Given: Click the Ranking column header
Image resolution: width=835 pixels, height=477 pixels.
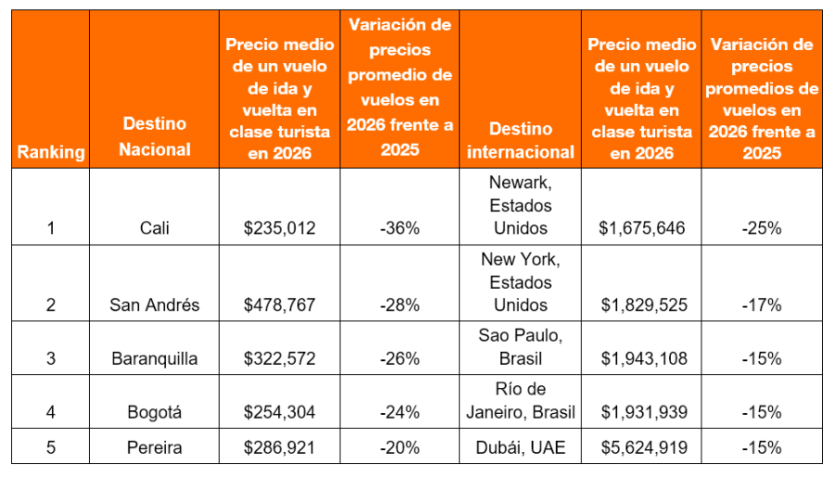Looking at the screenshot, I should (x=50, y=152).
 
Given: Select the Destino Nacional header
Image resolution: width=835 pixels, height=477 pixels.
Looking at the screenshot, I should (x=155, y=136).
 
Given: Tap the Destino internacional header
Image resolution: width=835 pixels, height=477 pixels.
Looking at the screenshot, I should (x=520, y=140).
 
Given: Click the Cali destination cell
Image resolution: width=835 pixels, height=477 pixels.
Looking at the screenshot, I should (x=155, y=227).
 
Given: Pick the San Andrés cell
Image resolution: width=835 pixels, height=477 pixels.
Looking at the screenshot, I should (x=155, y=304).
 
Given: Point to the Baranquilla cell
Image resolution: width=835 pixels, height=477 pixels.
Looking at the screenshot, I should (x=155, y=358).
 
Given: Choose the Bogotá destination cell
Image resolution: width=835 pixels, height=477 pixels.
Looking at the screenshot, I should (x=155, y=412).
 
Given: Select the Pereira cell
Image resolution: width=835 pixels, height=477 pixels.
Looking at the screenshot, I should (x=155, y=448).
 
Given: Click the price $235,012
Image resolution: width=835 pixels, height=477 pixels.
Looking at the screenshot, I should (x=279, y=227).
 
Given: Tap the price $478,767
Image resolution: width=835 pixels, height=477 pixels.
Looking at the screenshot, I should (x=279, y=304).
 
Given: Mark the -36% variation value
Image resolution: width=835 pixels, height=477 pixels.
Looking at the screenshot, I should (x=400, y=227).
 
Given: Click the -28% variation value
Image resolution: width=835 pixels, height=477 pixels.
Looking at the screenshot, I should (x=400, y=304).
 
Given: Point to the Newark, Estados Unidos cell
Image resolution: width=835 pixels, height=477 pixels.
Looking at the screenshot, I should (x=520, y=204).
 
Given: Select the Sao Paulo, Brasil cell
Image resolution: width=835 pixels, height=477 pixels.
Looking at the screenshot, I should (x=520, y=347).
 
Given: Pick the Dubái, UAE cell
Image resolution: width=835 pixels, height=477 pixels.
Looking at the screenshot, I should (x=520, y=448).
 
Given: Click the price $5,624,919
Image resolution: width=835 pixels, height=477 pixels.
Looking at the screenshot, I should (x=644, y=448).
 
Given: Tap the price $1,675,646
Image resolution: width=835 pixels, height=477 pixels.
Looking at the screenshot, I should (x=644, y=227).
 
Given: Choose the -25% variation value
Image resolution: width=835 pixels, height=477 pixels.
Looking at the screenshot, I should (x=762, y=227).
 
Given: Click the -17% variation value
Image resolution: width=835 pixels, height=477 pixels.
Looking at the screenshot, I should (x=762, y=304).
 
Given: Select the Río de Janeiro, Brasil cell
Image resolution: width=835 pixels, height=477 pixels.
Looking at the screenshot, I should (x=520, y=401).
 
